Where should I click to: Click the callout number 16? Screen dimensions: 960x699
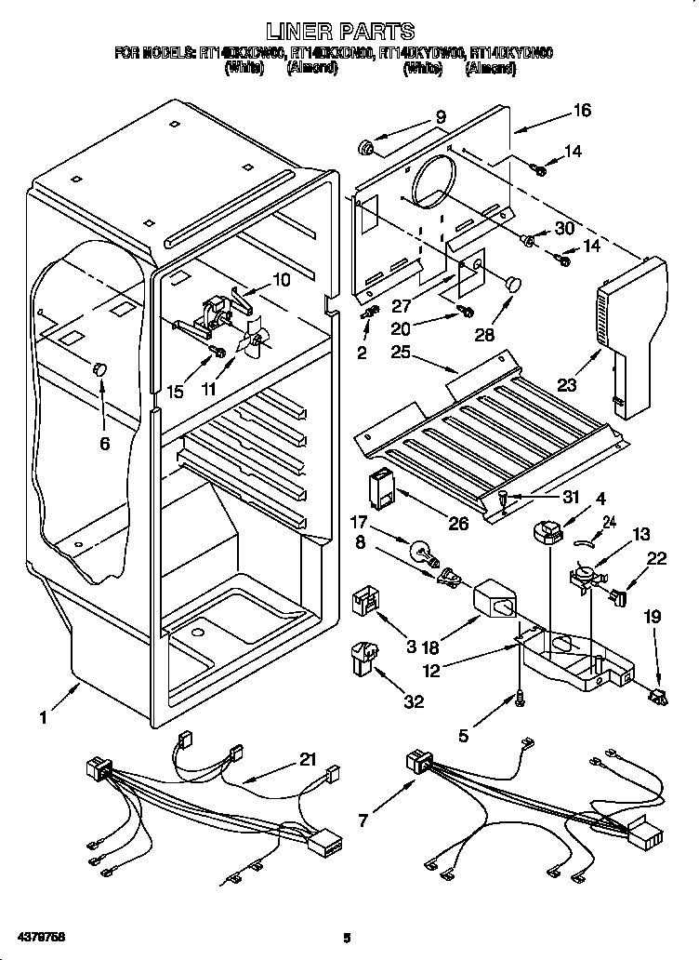(x=581, y=111)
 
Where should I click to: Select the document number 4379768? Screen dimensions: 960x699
(x=39, y=934)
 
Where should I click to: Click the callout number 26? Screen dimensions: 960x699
(x=458, y=523)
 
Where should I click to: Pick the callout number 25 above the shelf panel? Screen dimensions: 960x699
(x=401, y=353)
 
